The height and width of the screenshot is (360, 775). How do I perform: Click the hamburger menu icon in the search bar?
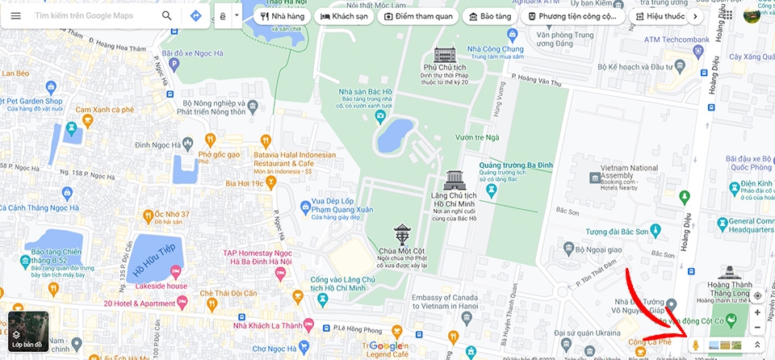tap(16, 15)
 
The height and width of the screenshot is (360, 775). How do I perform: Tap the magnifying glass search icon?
tap(166, 15)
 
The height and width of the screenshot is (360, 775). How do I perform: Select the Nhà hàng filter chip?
tap(281, 15)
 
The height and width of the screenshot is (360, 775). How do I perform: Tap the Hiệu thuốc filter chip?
tap(660, 15)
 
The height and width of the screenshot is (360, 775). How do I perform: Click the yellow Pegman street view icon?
tap(695, 345)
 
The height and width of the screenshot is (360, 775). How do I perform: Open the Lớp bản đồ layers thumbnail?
tap(28, 332)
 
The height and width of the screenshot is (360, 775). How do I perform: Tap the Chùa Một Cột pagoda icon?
tap(401, 234)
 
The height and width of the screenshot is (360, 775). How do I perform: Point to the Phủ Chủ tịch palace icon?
tap(444, 56)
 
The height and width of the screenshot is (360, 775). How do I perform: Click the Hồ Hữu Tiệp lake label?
tap(154, 257)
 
